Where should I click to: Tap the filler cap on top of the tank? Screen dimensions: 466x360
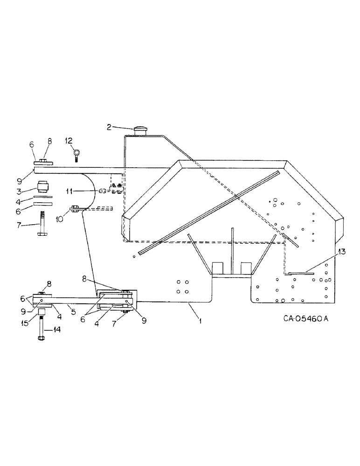[x=140, y=130]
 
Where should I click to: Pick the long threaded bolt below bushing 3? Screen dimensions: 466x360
[x=42, y=225]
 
